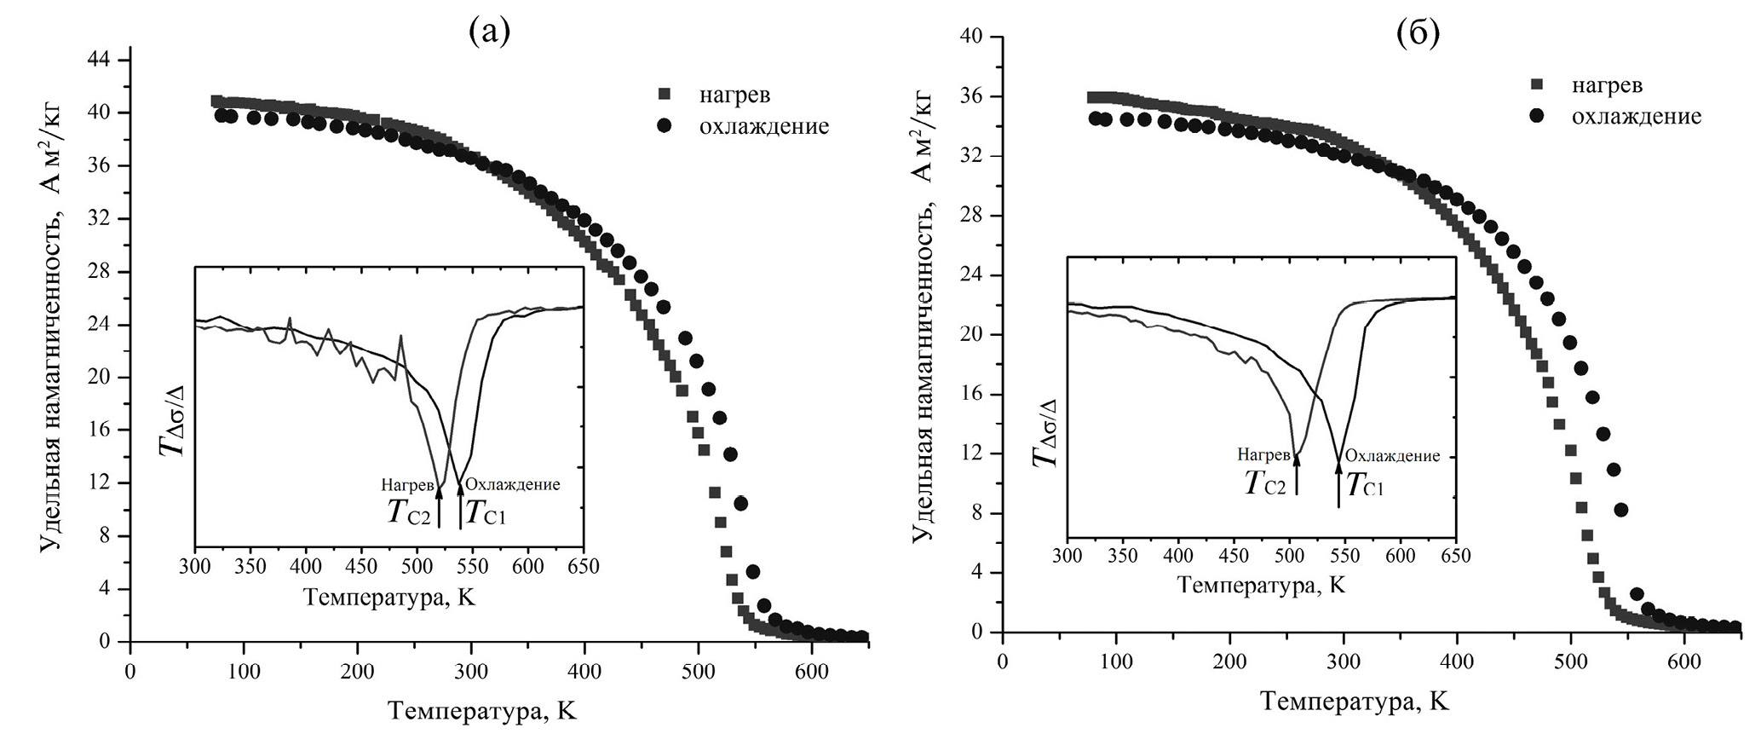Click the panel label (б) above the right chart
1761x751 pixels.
pos(1419,33)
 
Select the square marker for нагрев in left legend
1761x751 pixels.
pos(665,94)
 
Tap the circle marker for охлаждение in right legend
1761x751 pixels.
pos(1538,116)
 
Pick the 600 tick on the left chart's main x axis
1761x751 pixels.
pos(811,672)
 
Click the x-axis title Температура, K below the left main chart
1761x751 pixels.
pos(482,711)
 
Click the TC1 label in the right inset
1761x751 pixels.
pos(1365,484)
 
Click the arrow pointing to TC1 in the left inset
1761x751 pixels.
pos(461,507)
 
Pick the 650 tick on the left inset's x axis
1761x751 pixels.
pos(584,567)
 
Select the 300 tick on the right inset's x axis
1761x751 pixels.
pos(1067,557)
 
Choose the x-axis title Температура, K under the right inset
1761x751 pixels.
pos(1261,586)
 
